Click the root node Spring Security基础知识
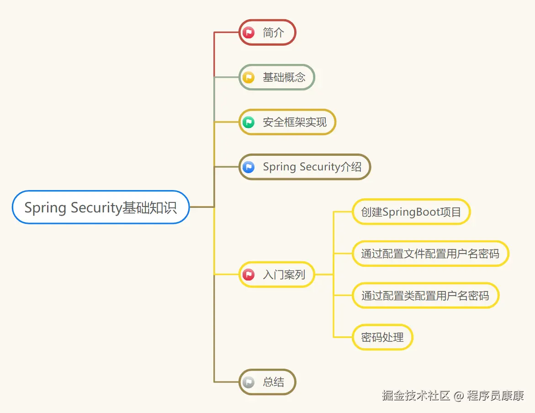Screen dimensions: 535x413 pyautogui.click(x=101, y=207)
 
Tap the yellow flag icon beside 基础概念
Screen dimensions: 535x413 pyautogui.click(x=249, y=77)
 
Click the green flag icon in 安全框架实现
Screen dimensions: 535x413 pyautogui.click(x=249, y=122)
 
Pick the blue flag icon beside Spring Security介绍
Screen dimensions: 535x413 pyautogui.click(x=249, y=167)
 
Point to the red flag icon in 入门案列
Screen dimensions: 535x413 pyautogui.click(x=249, y=275)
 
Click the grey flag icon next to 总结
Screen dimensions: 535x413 pyautogui.click(x=249, y=382)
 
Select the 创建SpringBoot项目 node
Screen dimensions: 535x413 pyautogui.click(x=411, y=212)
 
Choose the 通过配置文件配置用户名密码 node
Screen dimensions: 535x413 pyautogui.click(x=430, y=254)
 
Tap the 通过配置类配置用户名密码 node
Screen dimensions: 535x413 pyautogui.click(x=425, y=296)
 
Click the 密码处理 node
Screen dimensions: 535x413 pyautogui.click(x=382, y=338)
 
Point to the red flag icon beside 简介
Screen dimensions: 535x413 pyautogui.click(x=249, y=32)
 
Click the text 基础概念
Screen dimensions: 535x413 pyautogui.click(x=284, y=77)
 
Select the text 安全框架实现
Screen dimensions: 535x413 pyautogui.click(x=295, y=122)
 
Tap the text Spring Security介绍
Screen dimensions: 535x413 pyautogui.click(x=312, y=167)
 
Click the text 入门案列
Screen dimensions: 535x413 pyautogui.click(x=284, y=275)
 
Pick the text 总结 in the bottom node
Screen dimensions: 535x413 pyautogui.click(x=274, y=382)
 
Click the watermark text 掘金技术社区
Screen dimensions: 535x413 pyautogui.click(x=416, y=396)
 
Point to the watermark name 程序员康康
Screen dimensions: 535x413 pyautogui.click(x=495, y=396)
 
